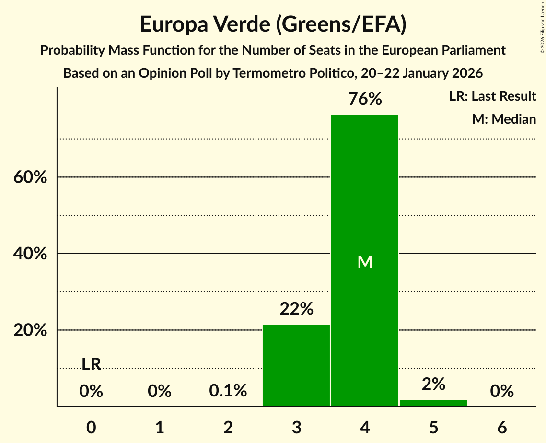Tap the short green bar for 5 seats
433,403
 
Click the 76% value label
365,99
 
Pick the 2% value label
433,384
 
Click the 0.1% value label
228,391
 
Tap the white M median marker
365,262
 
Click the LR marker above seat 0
91,365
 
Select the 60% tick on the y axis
30,177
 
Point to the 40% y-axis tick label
30,254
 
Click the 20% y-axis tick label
30,330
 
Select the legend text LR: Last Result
492,96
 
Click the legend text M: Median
504,119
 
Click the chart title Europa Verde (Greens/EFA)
273,24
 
